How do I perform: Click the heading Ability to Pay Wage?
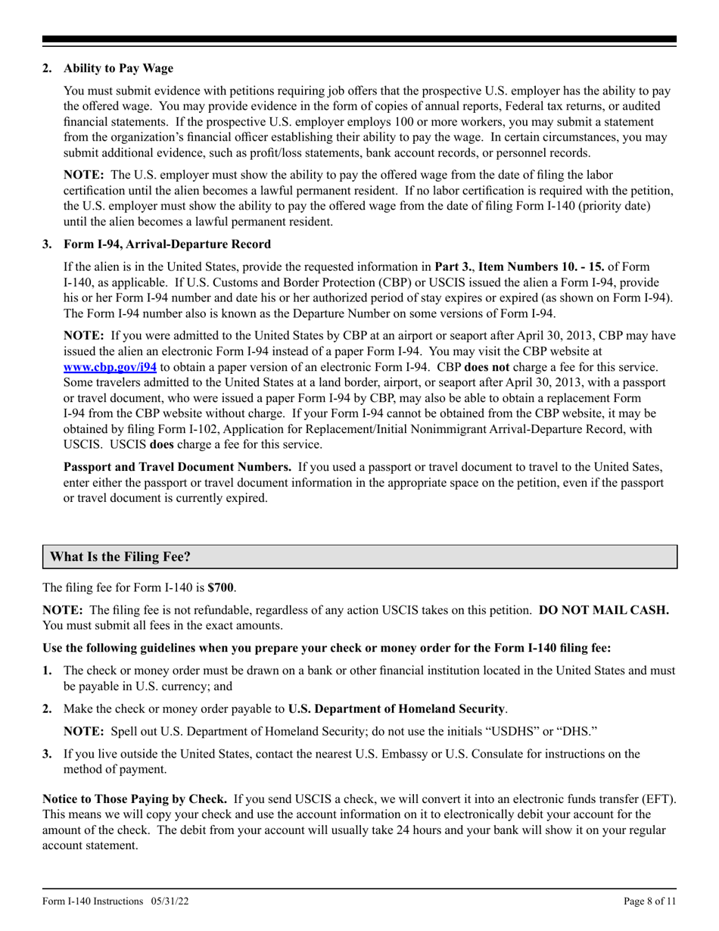pyautogui.click(x=118, y=69)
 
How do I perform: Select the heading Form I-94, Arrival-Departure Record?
pyautogui.click(x=167, y=244)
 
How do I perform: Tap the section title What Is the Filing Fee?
pyautogui.click(x=120, y=556)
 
